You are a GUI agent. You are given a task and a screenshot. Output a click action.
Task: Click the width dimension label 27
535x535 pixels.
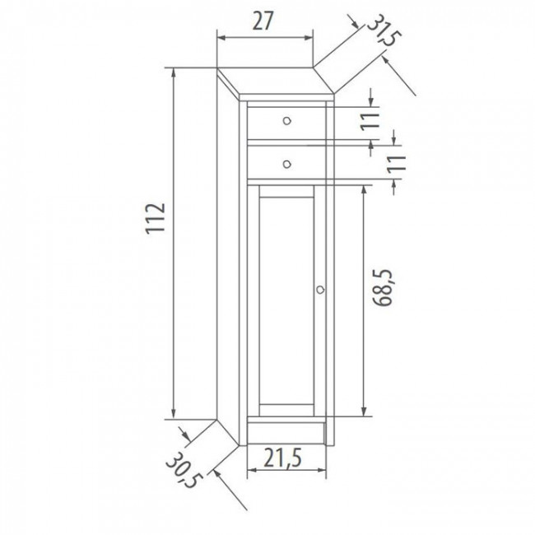click(263, 21)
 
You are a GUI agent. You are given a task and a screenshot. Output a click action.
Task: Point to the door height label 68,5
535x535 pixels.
click(381, 288)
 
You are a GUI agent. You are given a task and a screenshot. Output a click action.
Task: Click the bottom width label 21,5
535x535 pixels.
click(286, 454)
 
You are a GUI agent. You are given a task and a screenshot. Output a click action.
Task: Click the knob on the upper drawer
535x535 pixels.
click(286, 121)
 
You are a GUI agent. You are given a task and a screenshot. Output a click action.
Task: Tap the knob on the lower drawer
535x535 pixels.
click(286, 163)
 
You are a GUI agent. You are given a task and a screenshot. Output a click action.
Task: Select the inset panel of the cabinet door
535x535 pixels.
click(286, 296)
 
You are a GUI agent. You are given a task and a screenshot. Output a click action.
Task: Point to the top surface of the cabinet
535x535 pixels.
click(276, 81)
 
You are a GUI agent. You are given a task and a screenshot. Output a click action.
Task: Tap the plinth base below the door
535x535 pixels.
click(286, 431)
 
